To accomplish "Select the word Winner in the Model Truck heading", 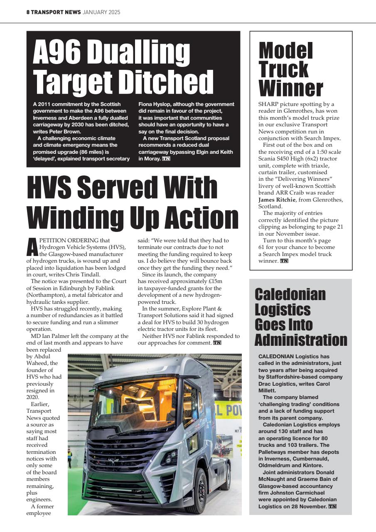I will [x=290, y=88].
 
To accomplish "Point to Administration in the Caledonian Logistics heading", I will [x=300, y=340].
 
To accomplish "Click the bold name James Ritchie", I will [x=278, y=200].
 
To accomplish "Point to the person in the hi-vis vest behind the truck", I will [x=70, y=458].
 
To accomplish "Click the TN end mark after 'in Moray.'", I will [x=166, y=159].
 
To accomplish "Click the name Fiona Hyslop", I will [x=155, y=104].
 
